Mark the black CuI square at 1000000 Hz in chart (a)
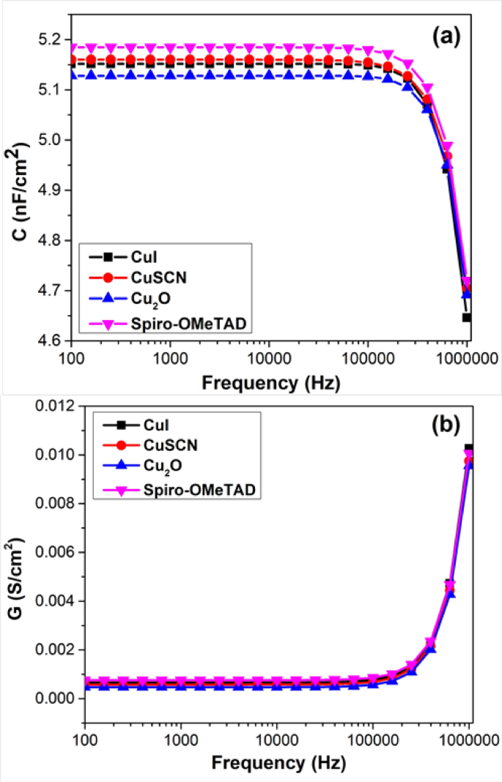point(467,318)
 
